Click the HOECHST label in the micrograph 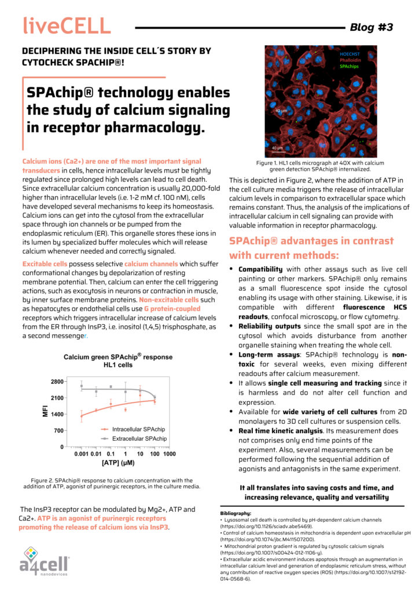[x=350, y=54]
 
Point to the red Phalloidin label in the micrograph [x=350, y=60]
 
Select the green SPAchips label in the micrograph [x=348, y=67]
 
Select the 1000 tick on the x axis [x=169, y=454]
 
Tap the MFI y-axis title [x=46, y=412]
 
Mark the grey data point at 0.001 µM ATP [x=82, y=386]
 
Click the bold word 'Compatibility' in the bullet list [x=260, y=269]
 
